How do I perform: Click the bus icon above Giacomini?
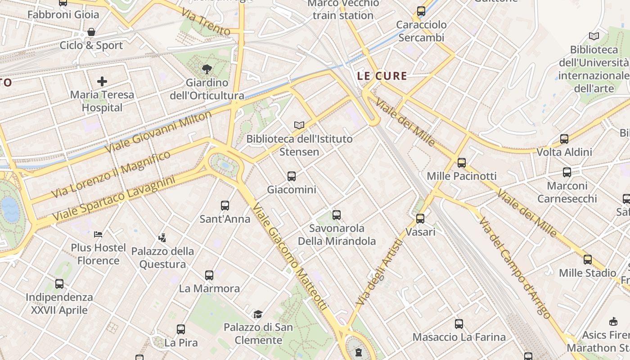(x=292, y=176)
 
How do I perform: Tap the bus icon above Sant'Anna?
(x=225, y=206)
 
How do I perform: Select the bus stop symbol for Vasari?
(x=420, y=219)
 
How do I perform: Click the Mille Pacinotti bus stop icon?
(x=461, y=163)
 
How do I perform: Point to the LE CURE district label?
(x=382, y=76)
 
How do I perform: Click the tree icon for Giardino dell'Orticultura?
(x=207, y=69)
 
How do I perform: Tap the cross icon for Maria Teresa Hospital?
(x=102, y=81)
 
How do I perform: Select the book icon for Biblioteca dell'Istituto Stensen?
(x=299, y=125)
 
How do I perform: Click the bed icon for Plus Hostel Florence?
(x=98, y=234)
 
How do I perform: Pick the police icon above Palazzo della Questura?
(x=162, y=238)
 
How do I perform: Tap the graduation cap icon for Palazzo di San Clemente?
(x=258, y=314)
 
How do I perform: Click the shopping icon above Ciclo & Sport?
(x=91, y=32)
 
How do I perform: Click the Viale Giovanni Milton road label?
(x=158, y=132)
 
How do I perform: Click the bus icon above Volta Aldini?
(x=564, y=139)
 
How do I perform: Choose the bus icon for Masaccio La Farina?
(x=459, y=324)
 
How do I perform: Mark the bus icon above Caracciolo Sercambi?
(x=421, y=11)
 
